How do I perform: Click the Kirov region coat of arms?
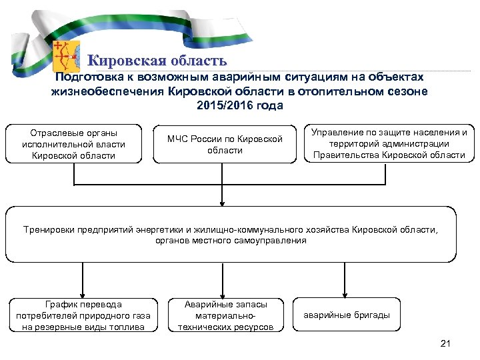(66, 56)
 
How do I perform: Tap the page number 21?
(446, 343)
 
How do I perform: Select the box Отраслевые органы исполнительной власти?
(73, 143)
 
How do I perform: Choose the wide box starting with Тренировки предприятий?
(231, 235)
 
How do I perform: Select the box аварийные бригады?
(347, 315)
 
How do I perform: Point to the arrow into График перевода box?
(82, 290)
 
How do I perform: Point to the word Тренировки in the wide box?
(51, 229)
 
